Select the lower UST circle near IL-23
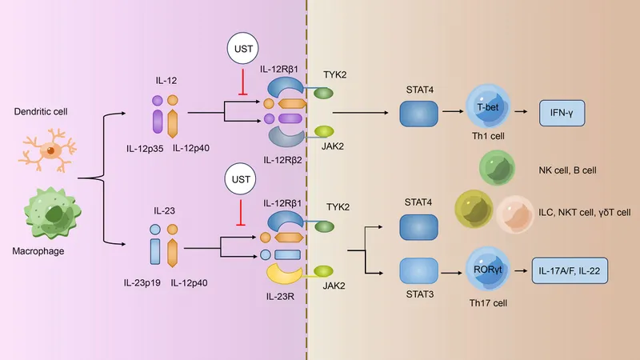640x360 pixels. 240,184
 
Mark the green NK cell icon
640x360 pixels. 497,170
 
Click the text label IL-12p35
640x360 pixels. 145,148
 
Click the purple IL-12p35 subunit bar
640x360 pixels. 156,122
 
